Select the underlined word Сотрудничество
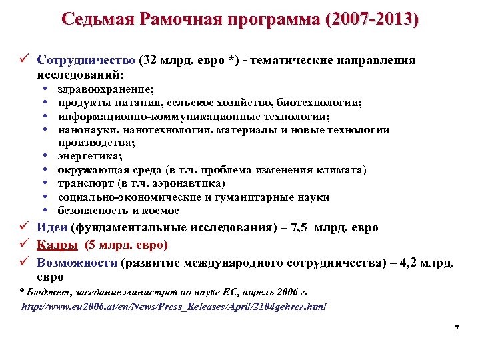point(87,60)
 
